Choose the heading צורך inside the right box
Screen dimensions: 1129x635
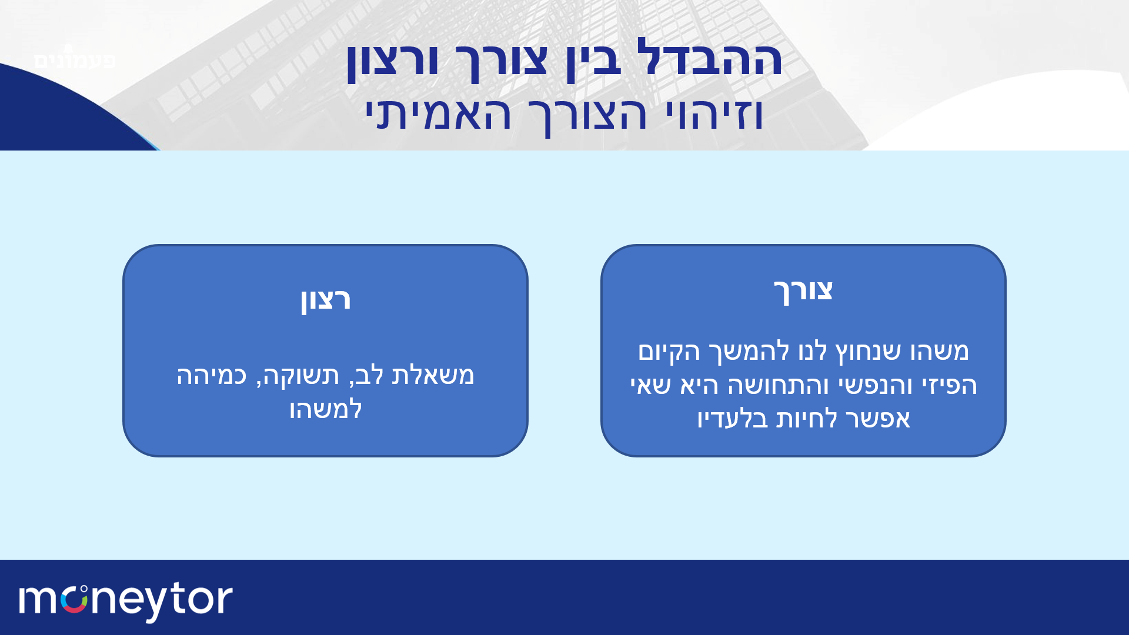803,290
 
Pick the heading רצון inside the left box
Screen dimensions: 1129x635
325,299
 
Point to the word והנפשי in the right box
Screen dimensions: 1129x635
875,386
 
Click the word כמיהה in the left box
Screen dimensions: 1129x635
212,375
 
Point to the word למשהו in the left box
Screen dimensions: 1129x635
325,409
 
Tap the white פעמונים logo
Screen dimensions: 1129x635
75,59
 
